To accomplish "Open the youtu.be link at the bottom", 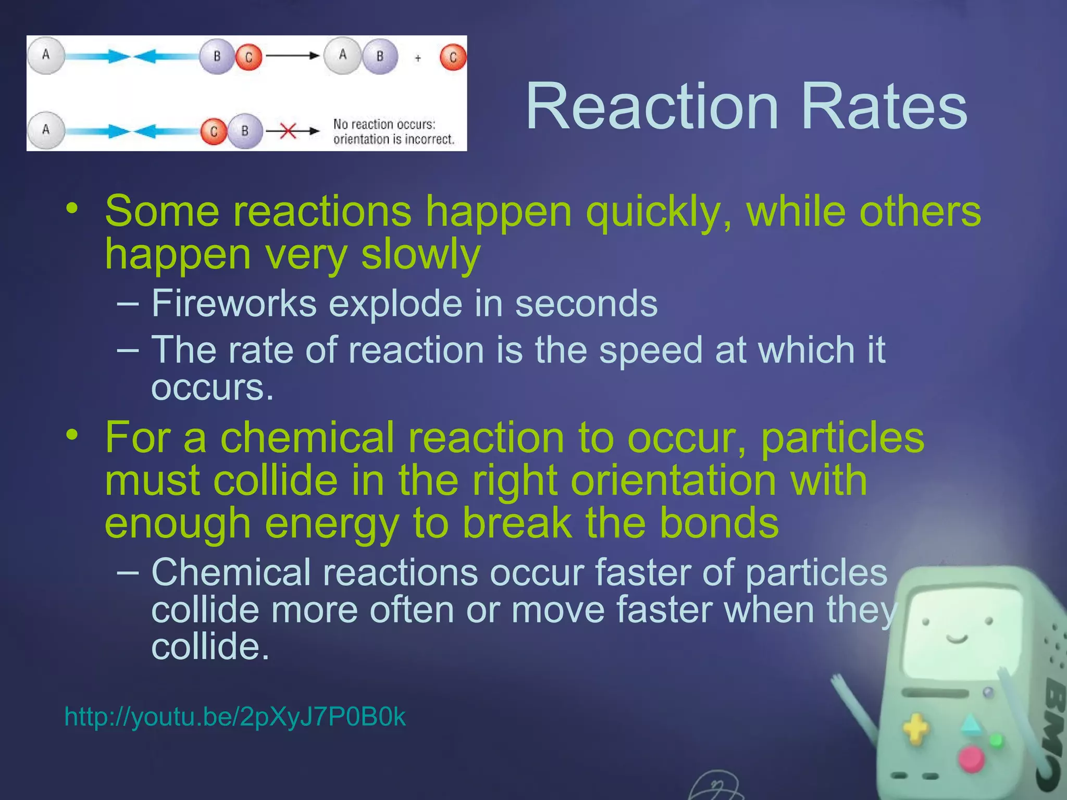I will [234, 717].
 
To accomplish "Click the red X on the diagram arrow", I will [288, 131].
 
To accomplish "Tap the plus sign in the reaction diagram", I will [418, 58].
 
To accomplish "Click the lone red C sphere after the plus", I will [452, 57].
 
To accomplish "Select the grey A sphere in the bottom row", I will [46, 130].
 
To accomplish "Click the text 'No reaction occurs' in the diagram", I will [384, 124].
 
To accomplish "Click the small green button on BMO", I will [996, 740].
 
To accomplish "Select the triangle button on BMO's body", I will [970, 724].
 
